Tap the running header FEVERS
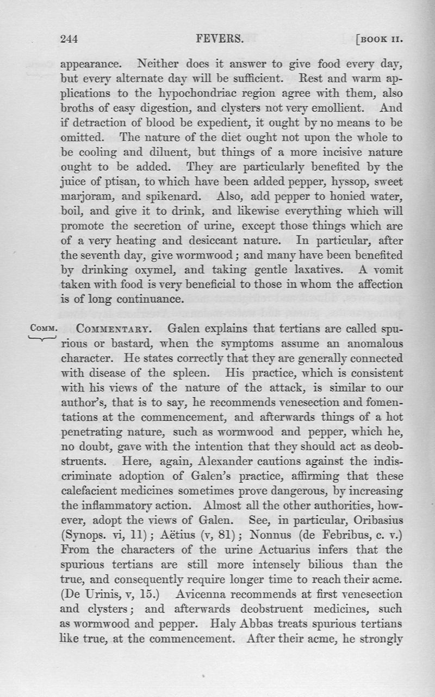point(221,39)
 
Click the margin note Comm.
point(41,329)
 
